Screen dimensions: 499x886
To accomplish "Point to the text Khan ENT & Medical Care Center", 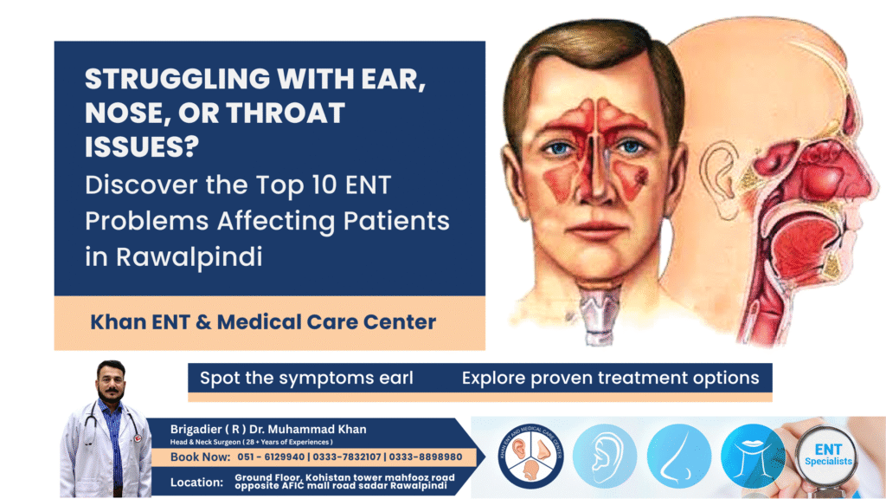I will [263, 322].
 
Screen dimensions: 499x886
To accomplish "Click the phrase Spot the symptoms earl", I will [306, 378].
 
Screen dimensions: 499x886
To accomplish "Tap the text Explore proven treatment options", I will [610, 378].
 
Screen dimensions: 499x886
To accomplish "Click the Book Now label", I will [200, 457].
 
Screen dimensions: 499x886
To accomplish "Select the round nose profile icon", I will [678, 457].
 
